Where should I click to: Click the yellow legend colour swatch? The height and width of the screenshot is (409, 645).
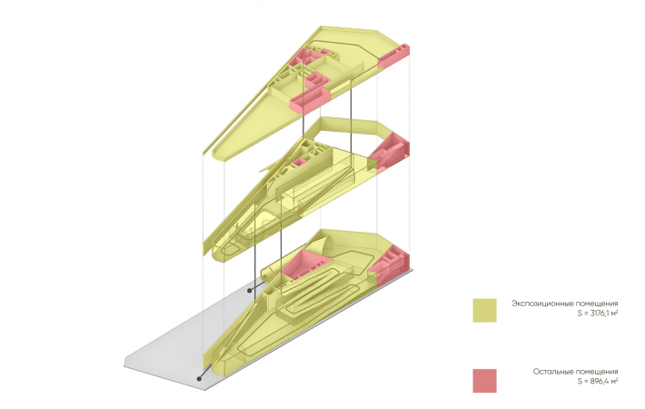point(484,310)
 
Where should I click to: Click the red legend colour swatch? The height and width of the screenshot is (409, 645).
point(484,381)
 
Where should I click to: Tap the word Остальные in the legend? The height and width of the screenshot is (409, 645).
point(553,372)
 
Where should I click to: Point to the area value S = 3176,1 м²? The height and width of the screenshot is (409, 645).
point(597,314)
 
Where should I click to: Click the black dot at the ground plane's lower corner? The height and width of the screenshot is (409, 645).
point(200,378)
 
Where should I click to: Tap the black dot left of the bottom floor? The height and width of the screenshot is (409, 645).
point(249,291)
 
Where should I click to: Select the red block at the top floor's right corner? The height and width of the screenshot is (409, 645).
point(393,56)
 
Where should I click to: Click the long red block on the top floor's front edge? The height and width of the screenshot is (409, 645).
point(311,100)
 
